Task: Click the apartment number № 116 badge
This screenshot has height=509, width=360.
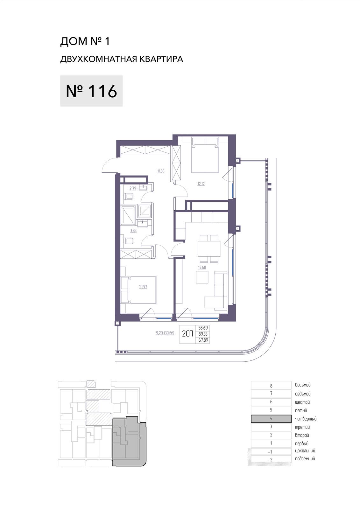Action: (91, 91)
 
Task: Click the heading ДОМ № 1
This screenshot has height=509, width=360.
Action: (85, 41)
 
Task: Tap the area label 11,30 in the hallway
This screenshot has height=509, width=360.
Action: (161, 171)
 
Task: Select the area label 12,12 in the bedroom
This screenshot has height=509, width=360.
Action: (201, 184)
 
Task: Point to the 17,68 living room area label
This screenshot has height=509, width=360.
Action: (202, 267)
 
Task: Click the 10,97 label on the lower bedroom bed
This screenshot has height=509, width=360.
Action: (143, 287)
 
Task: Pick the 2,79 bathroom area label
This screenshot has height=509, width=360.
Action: (133, 188)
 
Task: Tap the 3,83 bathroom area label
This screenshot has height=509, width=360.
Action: (133, 230)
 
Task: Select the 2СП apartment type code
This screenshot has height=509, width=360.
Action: (187, 334)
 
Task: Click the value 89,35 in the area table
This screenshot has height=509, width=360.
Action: (203, 334)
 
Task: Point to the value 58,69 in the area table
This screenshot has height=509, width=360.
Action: (203, 328)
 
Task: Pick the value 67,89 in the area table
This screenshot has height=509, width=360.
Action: (203, 340)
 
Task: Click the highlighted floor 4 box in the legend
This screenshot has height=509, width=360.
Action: (271, 419)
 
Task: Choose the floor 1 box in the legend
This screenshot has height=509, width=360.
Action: (271, 443)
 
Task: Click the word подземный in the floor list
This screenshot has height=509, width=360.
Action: (305, 459)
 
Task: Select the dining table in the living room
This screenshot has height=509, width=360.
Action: (209, 248)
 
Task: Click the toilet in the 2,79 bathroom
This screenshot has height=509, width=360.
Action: (129, 197)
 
